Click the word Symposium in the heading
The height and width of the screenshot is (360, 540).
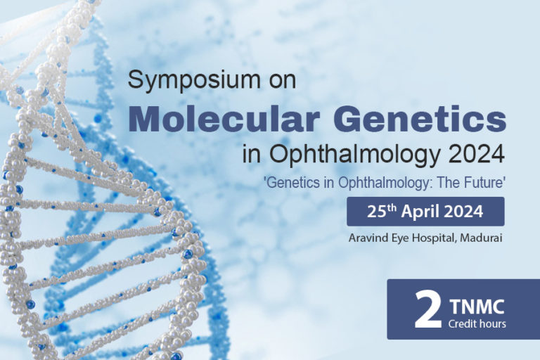point(194,80)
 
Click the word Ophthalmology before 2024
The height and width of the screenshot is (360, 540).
point(354,154)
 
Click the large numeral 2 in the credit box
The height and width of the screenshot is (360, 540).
point(427,309)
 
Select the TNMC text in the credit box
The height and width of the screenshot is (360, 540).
point(477,307)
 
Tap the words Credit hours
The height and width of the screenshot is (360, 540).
point(477,324)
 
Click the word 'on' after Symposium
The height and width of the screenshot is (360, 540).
point(283,82)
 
